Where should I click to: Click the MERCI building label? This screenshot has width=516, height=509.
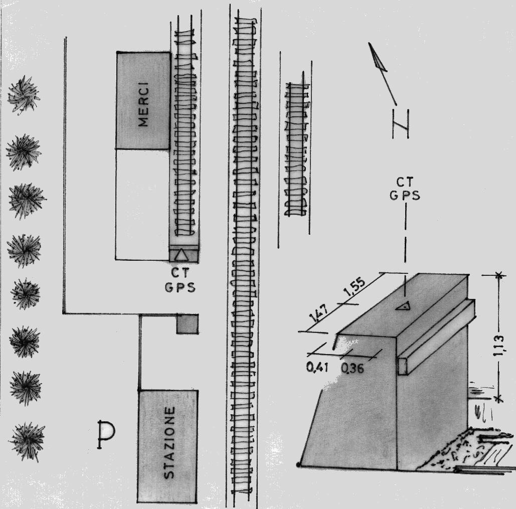(143, 104)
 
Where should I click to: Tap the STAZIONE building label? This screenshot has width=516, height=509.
(169, 442)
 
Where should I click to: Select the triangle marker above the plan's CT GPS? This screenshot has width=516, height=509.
(181, 256)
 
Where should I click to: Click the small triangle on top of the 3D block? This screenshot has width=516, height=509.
(404, 306)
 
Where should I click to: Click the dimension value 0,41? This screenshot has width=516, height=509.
(317, 367)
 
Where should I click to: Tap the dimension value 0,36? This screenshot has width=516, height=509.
(353, 368)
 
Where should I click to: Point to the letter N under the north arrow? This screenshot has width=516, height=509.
(401, 124)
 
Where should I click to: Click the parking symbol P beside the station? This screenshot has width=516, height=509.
(106, 434)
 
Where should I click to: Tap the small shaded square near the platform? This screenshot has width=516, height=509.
(187, 324)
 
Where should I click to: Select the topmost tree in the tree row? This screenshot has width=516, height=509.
(24, 95)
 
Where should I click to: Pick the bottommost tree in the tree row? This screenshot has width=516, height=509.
(28, 441)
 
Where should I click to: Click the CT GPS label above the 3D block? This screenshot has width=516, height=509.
(405, 189)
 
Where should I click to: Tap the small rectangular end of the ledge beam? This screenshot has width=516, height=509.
(403, 367)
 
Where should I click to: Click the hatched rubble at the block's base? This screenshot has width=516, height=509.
(461, 450)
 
